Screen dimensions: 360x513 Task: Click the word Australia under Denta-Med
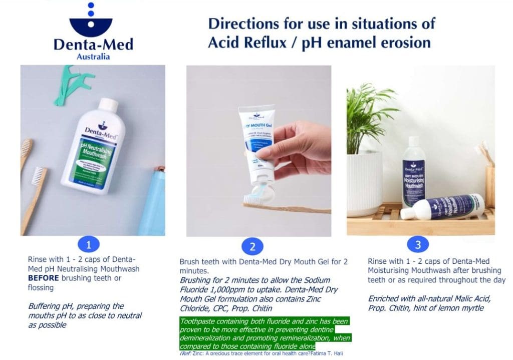click(x=93, y=57)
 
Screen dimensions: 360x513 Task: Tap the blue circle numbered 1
click(x=89, y=245)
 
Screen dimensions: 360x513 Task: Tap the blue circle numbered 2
click(x=252, y=246)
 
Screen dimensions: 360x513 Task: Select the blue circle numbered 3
click(x=417, y=244)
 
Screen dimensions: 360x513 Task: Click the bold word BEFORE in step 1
click(x=45, y=278)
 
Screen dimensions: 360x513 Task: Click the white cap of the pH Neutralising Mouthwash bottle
click(x=108, y=106)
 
